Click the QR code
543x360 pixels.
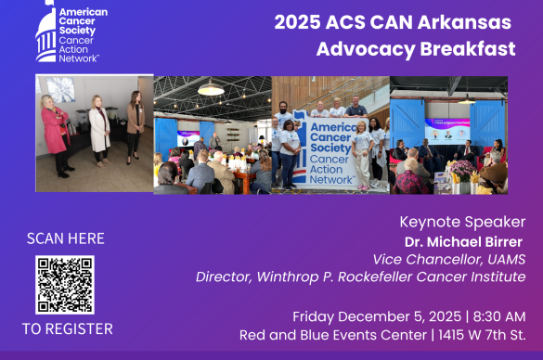(65, 284)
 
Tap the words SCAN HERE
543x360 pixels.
(65, 239)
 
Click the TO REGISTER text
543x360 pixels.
(68, 328)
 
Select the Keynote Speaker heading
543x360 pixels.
(462, 222)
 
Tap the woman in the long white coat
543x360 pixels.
(99, 135)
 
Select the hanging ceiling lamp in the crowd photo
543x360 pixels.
(211, 88)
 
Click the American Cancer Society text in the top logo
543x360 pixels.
(83, 21)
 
